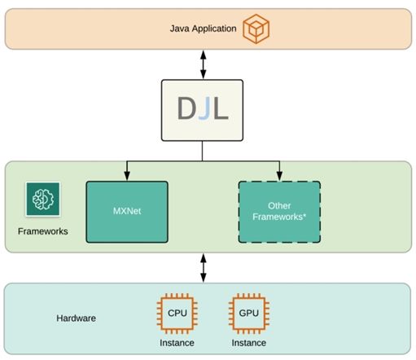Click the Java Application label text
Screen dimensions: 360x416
[203, 29]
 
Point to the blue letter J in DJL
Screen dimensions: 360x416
[204, 108]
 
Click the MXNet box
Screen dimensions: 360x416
[126, 212]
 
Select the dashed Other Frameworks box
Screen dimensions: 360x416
[279, 212]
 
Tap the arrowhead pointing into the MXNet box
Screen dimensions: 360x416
[126, 175]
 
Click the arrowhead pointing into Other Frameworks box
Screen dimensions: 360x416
[279, 175]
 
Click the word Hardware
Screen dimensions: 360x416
[77, 318]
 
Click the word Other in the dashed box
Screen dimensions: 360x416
[279, 206]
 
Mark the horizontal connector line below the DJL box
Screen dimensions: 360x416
[203, 160]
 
